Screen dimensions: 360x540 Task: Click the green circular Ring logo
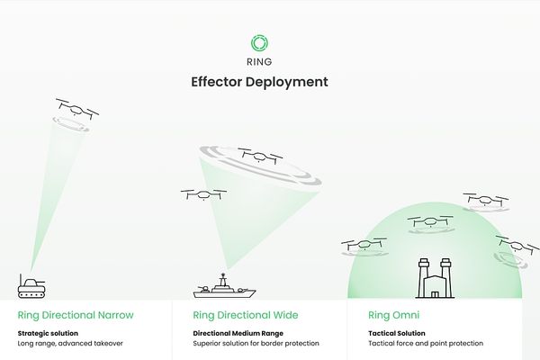pos(259,42)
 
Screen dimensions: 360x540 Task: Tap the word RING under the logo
pos(259,62)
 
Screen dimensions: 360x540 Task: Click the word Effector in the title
pos(217,82)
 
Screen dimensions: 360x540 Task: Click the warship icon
pos(224,289)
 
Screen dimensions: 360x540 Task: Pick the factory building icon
pos(433,279)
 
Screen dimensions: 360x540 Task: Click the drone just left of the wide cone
pos(203,193)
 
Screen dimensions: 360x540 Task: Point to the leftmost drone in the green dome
pos(364,244)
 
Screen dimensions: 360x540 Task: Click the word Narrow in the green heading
pos(114,316)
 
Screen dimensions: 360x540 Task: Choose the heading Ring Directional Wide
pos(246,316)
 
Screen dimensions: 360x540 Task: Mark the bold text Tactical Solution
pos(397,333)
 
